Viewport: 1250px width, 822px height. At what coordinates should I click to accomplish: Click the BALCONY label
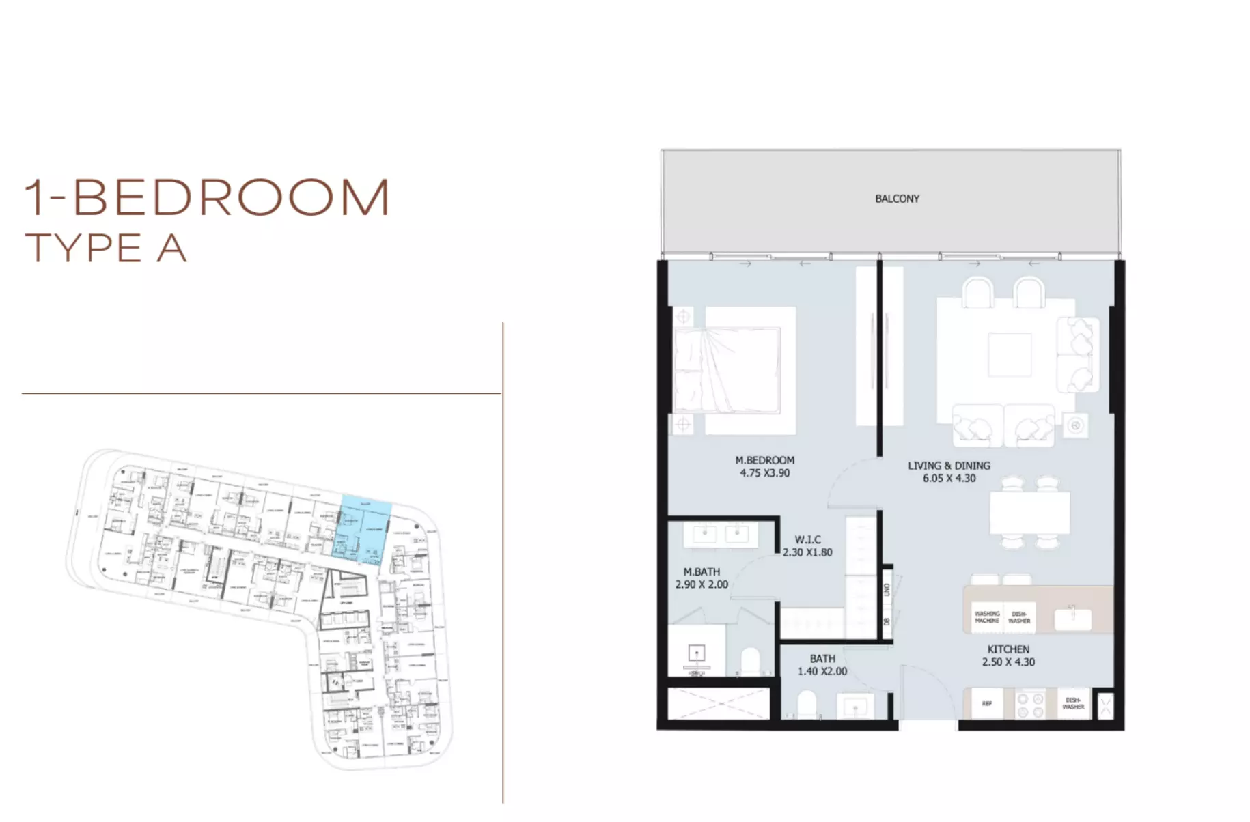897,199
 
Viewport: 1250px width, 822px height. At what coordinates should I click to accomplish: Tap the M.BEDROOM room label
764,460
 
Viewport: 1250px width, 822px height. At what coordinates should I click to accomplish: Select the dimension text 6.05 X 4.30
949,478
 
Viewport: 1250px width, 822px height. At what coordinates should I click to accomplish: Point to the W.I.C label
807,539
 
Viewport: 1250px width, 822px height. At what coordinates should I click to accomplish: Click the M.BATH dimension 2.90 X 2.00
702,584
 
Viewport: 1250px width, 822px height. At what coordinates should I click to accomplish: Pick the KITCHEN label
1008,649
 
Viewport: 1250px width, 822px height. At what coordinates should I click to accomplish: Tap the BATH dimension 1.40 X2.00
822,671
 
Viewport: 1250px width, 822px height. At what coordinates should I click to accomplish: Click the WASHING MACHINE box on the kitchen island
986,617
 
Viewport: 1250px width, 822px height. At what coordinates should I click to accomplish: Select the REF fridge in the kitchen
986,704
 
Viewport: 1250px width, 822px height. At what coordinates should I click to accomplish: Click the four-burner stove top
1030,705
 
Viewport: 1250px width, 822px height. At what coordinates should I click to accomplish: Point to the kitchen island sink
1072,619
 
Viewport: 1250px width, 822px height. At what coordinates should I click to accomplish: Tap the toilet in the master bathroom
751,661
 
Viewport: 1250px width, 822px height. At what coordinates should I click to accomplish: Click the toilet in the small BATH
807,704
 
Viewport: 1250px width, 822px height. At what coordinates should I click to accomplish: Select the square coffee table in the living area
1009,354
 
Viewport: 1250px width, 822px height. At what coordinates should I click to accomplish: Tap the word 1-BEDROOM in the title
207,198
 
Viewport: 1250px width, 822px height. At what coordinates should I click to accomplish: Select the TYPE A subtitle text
106,248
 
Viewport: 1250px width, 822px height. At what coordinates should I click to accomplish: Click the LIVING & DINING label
949,466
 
